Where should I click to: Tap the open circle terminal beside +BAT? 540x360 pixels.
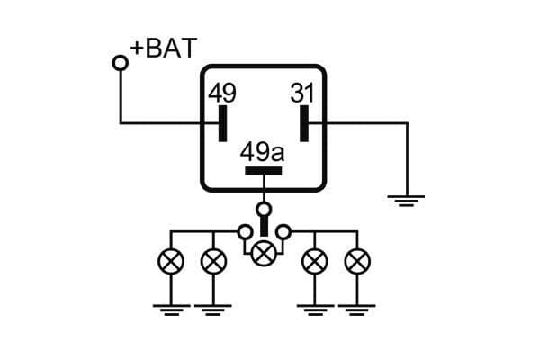click(x=120, y=62)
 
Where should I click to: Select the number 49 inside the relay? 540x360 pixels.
click(x=222, y=93)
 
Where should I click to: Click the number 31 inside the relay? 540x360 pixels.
click(x=301, y=93)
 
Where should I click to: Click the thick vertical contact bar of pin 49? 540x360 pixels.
click(x=222, y=123)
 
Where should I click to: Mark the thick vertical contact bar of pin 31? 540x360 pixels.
click(x=304, y=123)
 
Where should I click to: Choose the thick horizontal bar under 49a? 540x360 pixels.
click(x=263, y=170)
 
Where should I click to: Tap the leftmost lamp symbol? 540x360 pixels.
click(x=170, y=262)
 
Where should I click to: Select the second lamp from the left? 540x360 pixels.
click(x=212, y=262)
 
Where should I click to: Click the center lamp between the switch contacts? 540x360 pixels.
click(x=264, y=253)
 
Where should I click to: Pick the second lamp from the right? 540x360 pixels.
click(x=314, y=262)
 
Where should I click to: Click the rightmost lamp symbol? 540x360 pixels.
click(x=357, y=262)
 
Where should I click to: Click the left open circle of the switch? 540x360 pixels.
click(x=244, y=233)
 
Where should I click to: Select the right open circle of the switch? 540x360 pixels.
click(x=283, y=233)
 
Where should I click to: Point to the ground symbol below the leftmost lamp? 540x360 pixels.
click(x=170, y=310)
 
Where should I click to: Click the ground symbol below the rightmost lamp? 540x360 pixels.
click(x=357, y=310)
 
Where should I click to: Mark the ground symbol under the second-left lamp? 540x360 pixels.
click(x=212, y=310)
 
